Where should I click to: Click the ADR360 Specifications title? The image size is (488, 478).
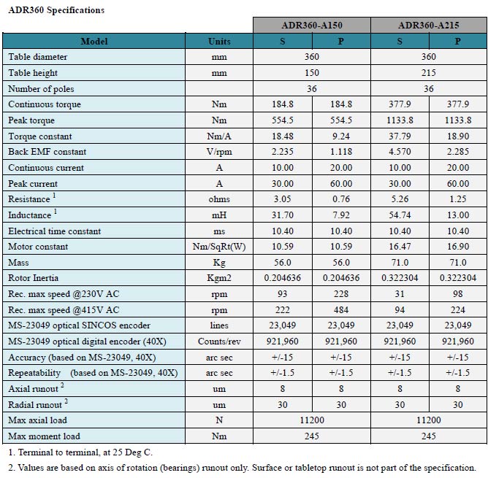pos(56,10)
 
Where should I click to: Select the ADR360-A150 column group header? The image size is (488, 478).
pos(312,26)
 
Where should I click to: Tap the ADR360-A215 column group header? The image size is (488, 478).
pos(429,26)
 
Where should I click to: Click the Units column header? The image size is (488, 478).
pos(219,42)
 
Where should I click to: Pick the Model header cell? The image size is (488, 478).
pos(94,42)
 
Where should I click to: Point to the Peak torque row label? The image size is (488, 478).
pos(31,120)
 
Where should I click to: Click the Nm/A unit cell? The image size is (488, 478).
pos(219,136)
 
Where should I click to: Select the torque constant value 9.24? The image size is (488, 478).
pos(341,136)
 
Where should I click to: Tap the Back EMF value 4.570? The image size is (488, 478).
pos(400,152)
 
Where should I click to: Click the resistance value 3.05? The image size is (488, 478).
pos(282,199)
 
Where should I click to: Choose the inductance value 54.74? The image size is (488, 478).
pos(400,215)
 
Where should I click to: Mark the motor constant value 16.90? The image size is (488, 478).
pos(458,247)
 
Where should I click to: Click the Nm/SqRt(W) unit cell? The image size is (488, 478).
pos(219,247)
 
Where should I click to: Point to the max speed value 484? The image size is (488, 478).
pos(341,310)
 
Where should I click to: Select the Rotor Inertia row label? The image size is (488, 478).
pos(34,278)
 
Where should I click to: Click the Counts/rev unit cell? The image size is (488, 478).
pos(219,342)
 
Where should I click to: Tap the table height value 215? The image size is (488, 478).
pos(429,73)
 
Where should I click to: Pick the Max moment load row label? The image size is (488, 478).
pos(44,436)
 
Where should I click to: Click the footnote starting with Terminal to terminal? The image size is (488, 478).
pos(80,452)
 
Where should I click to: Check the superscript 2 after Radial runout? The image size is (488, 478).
pos(66,401)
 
